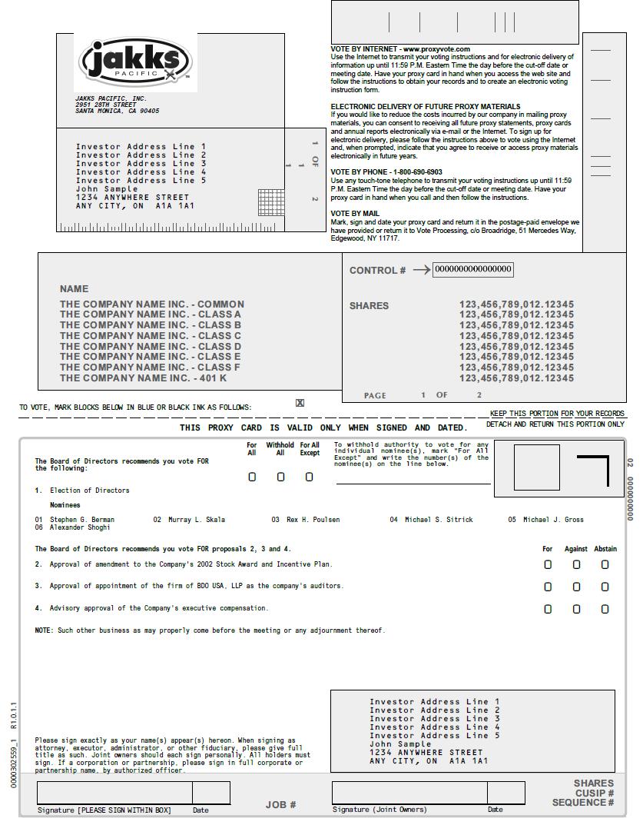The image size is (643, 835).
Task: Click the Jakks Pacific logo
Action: click(135, 62)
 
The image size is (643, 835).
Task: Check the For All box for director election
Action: click(252, 477)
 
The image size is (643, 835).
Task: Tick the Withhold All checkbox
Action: click(280, 477)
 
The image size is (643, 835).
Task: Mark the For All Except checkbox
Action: click(310, 477)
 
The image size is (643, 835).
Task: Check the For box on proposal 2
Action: click(548, 564)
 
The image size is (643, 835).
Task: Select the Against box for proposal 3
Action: click(576, 587)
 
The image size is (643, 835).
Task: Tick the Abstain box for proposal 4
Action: click(605, 609)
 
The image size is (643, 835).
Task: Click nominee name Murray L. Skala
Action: click(197, 520)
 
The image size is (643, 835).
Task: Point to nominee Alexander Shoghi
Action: click(80, 527)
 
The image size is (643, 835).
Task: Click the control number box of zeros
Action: click(473, 269)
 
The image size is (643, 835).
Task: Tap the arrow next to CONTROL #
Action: click(422, 270)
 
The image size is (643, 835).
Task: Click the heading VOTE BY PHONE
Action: click(359, 172)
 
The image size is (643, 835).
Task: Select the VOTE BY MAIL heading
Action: click(355, 214)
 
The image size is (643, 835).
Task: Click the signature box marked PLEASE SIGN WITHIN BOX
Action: click(114, 793)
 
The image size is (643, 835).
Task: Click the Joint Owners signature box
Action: click(409, 793)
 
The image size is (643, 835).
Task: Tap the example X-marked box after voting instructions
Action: click(300, 403)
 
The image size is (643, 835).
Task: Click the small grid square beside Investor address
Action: click(271, 201)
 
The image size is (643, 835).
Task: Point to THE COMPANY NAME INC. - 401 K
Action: click(143, 378)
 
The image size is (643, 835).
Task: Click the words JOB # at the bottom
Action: click(281, 805)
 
